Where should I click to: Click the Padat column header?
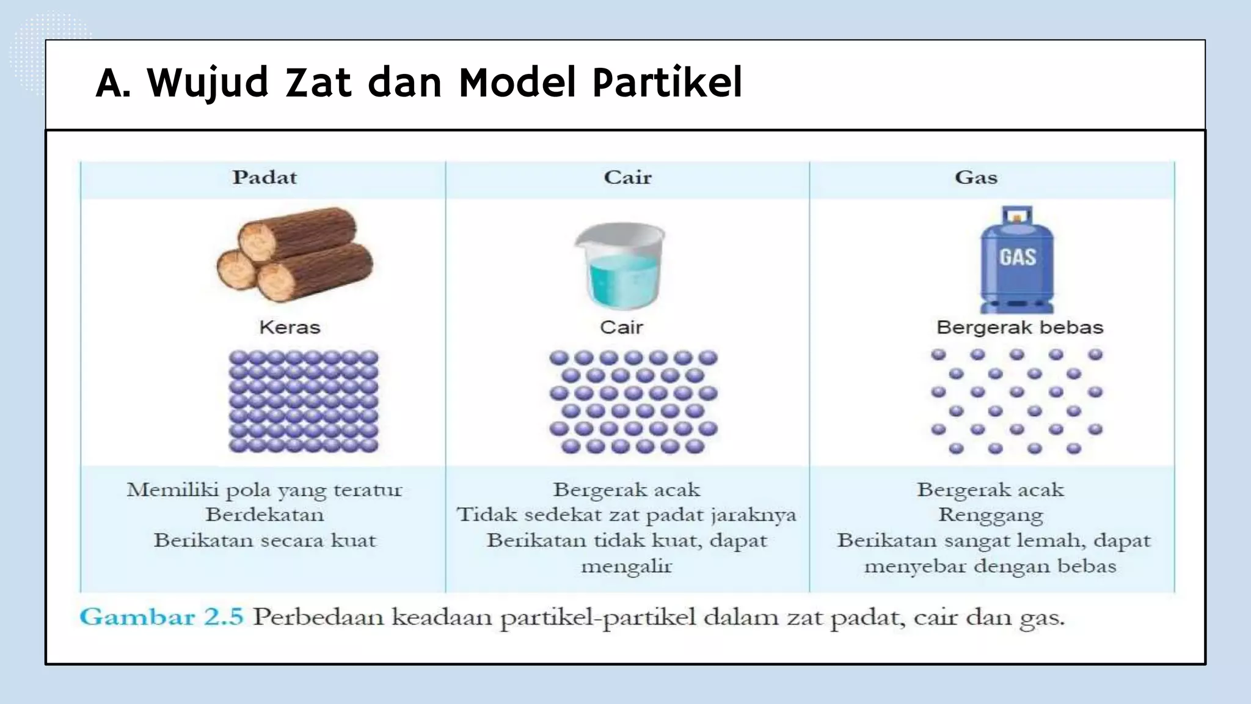tap(264, 178)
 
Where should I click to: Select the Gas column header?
tap(976, 178)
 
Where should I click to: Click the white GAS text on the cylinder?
tap(1018, 257)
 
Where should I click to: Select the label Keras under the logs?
tap(290, 328)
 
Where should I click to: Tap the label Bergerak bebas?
tap(1019, 328)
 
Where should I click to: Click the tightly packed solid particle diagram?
tap(304, 401)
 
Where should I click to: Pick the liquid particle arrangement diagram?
tap(633, 402)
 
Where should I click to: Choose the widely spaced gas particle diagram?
tap(1016, 401)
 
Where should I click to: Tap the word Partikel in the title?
tap(668, 82)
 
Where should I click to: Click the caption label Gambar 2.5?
tap(161, 617)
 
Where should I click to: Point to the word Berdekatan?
tap(264, 515)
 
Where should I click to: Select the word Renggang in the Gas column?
tap(990, 515)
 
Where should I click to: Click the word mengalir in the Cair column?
tap(626, 566)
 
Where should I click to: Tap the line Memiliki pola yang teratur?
tap(264, 490)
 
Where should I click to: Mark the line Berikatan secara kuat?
tap(264, 541)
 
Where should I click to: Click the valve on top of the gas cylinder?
tap(1016, 216)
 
